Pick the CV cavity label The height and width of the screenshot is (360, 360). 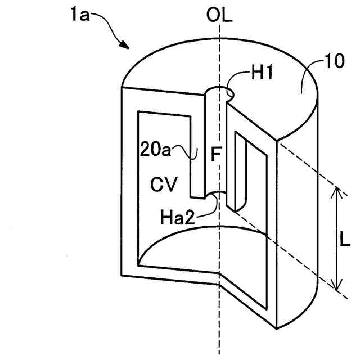click(164, 183)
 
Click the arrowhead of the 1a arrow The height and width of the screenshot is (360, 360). click(126, 47)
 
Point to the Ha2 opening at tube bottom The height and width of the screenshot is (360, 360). click(215, 196)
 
